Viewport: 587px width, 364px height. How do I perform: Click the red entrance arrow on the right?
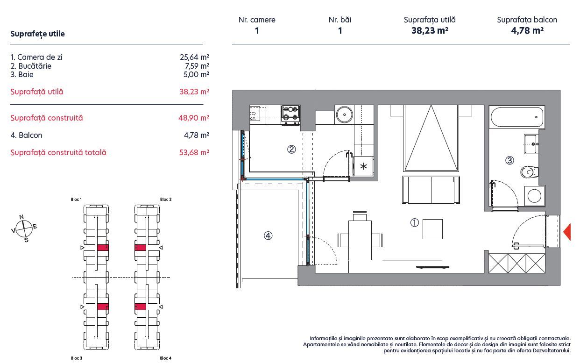567,232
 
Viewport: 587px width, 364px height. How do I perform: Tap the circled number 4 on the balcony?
268,236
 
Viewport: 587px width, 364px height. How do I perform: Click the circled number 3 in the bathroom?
509,160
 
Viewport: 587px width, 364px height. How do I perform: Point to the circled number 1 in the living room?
414,223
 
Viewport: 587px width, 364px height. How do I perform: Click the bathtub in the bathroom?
517,118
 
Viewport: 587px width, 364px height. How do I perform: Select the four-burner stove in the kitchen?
290,115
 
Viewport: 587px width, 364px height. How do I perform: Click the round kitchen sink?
345,114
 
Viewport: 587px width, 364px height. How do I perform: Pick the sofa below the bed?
431,190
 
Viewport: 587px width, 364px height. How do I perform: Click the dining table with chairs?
360,240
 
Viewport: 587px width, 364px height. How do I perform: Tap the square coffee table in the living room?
433,229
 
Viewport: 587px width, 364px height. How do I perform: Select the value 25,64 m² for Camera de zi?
194,57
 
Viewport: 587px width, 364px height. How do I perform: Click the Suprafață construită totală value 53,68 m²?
194,152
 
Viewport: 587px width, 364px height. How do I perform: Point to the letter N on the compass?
21,217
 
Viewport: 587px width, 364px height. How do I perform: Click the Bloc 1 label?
76,200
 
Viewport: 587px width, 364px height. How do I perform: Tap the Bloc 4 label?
165,358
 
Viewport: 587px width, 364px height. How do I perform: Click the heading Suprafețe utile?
37,34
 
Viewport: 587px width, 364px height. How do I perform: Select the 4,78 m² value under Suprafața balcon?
527,31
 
